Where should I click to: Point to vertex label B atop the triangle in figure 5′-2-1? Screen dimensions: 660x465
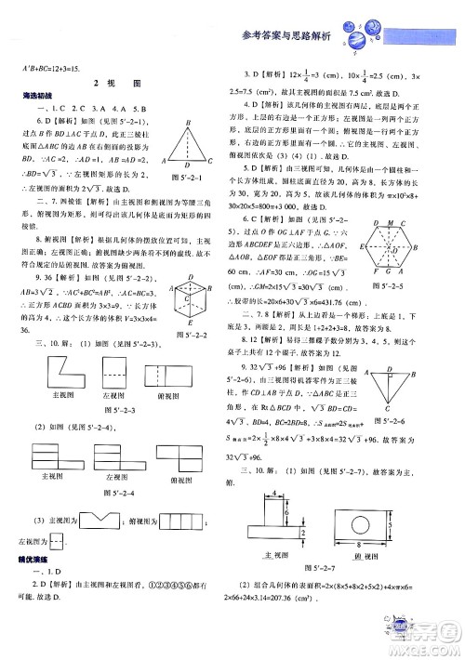[190, 122]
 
